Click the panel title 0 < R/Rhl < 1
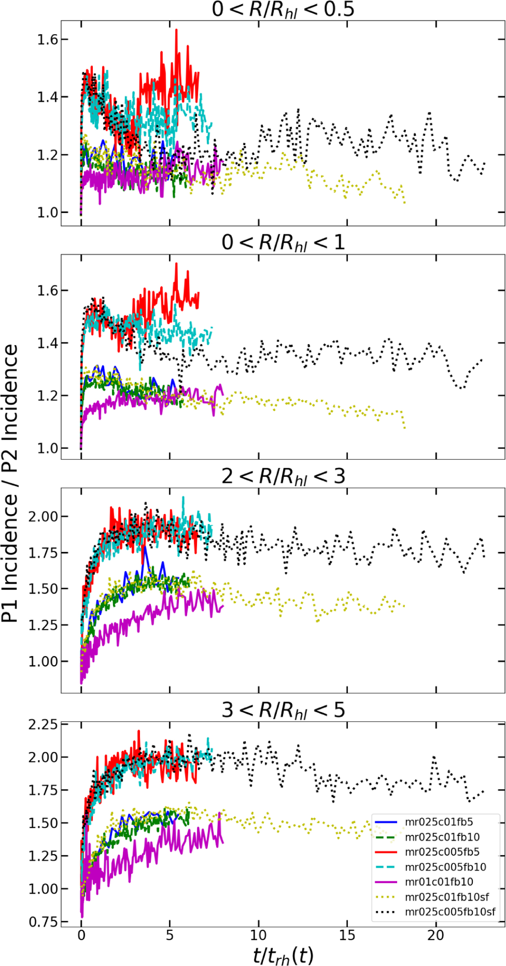tap(283, 243)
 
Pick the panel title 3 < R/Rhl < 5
tap(283, 710)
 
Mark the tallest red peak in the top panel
tap(176, 30)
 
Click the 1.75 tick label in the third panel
tap(42, 553)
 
